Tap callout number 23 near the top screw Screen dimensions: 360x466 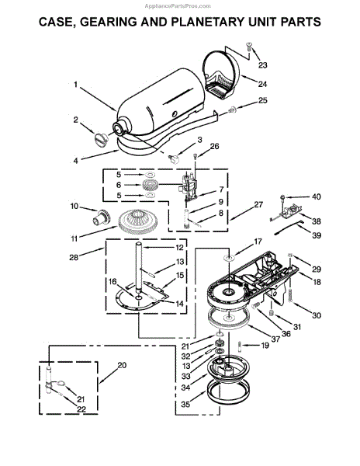(x=262, y=64)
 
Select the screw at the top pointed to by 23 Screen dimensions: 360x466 (x=248, y=46)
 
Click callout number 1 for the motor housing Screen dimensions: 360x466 (x=75, y=85)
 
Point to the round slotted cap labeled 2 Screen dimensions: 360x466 (x=100, y=139)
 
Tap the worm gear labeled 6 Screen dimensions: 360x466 (x=151, y=185)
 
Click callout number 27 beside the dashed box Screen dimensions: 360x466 (x=258, y=205)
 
